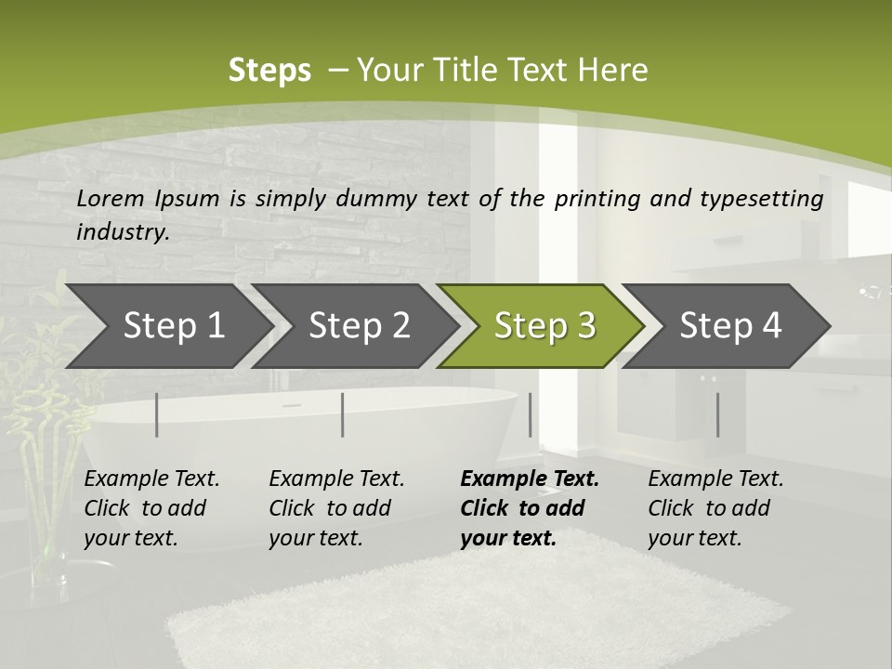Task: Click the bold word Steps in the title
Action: [x=269, y=71]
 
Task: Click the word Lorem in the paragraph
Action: [x=111, y=198]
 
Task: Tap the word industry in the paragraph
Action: [x=123, y=232]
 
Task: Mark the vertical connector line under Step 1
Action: [x=156, y=414]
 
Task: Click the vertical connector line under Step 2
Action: [x=343, y=414]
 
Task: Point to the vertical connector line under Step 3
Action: [x=531, y=414]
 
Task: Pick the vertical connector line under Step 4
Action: [x=717, y=414]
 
